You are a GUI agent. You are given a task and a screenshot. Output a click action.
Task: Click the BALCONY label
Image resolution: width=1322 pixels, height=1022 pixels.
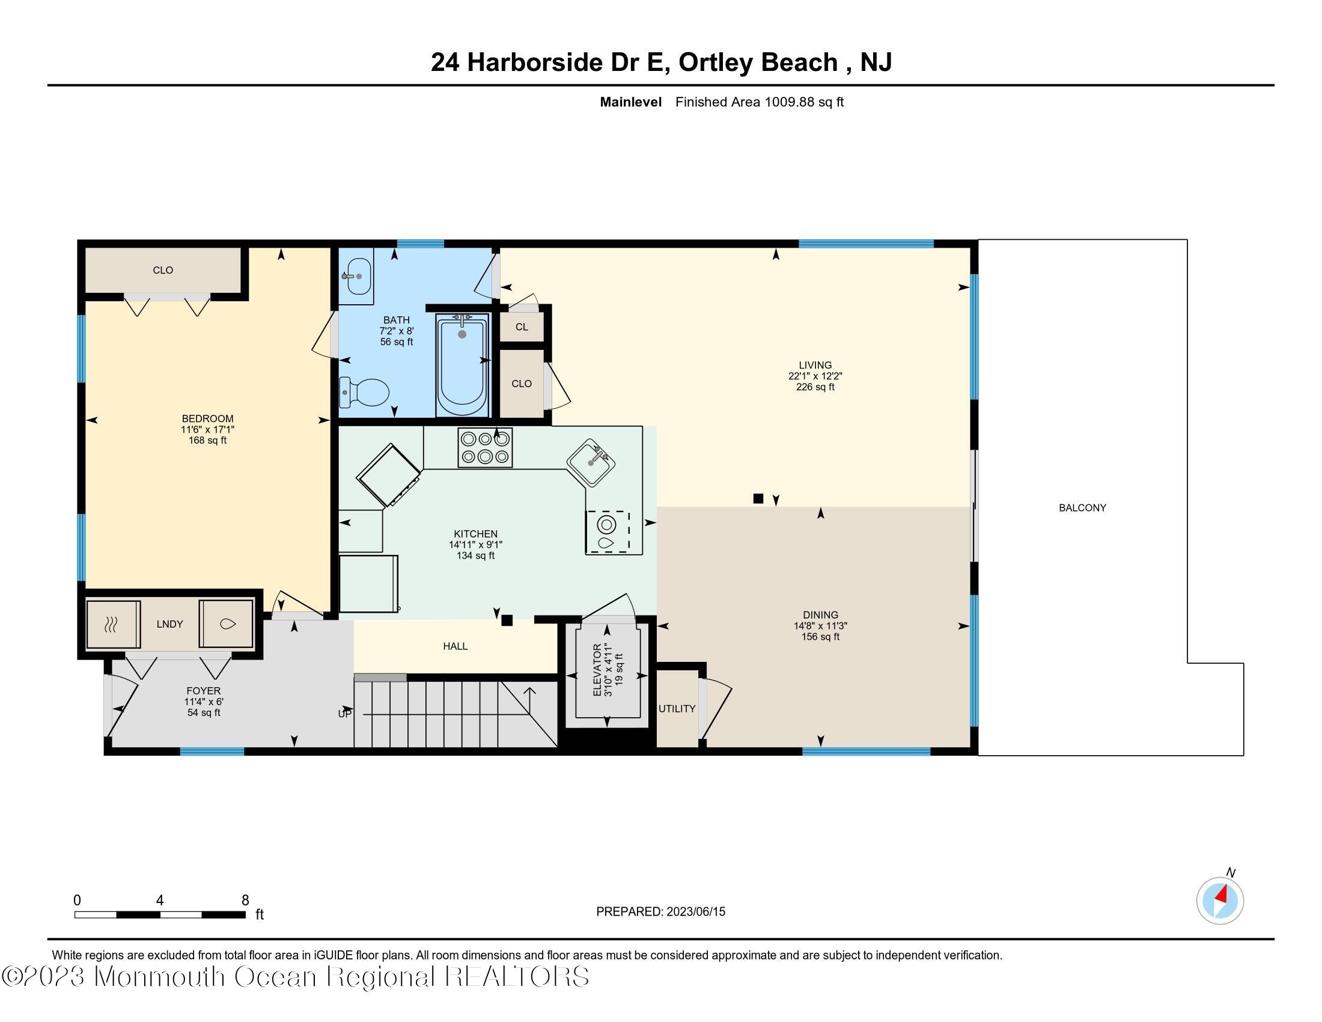[1082, 507]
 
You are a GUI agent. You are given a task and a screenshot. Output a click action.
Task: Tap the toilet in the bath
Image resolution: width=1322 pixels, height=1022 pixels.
[365, 393]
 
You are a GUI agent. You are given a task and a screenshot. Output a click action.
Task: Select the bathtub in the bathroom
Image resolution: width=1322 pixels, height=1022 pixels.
[462, 365]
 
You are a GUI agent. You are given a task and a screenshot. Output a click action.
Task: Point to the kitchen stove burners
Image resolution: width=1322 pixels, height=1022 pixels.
[485, 447]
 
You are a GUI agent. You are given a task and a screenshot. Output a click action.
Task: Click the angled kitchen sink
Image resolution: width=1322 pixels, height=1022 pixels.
[591, 462]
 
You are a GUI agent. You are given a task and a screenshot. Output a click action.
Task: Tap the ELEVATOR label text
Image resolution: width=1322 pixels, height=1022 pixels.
[597, 670]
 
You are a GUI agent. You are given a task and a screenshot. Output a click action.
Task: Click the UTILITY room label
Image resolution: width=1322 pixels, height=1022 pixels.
[677, 708]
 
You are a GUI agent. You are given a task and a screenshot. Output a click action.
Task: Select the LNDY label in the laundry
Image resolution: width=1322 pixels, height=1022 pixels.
[169, 624]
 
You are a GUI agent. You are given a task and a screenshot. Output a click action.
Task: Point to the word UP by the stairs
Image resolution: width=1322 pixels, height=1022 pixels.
[344, 714]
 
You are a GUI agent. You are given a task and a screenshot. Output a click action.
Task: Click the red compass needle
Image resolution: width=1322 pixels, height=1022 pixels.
[1223, 895]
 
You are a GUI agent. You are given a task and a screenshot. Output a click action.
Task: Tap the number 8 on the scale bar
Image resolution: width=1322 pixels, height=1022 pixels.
[245, 901]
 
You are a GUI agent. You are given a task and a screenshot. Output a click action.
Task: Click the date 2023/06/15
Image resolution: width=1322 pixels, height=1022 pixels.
[695, 911]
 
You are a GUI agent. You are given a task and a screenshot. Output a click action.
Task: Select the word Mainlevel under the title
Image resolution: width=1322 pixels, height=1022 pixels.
[630, 102]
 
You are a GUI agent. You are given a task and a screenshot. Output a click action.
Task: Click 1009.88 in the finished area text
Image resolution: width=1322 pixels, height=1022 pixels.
[790, 102]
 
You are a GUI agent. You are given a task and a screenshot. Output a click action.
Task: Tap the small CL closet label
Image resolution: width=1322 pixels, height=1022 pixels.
[522, 327]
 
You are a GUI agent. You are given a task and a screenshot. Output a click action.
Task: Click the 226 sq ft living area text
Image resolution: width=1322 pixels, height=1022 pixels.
[815, 387]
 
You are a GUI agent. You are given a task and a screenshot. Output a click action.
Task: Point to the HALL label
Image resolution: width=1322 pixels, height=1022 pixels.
[455, 646]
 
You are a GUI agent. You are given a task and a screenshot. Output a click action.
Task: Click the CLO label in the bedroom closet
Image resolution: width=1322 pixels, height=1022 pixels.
[163, 270]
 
